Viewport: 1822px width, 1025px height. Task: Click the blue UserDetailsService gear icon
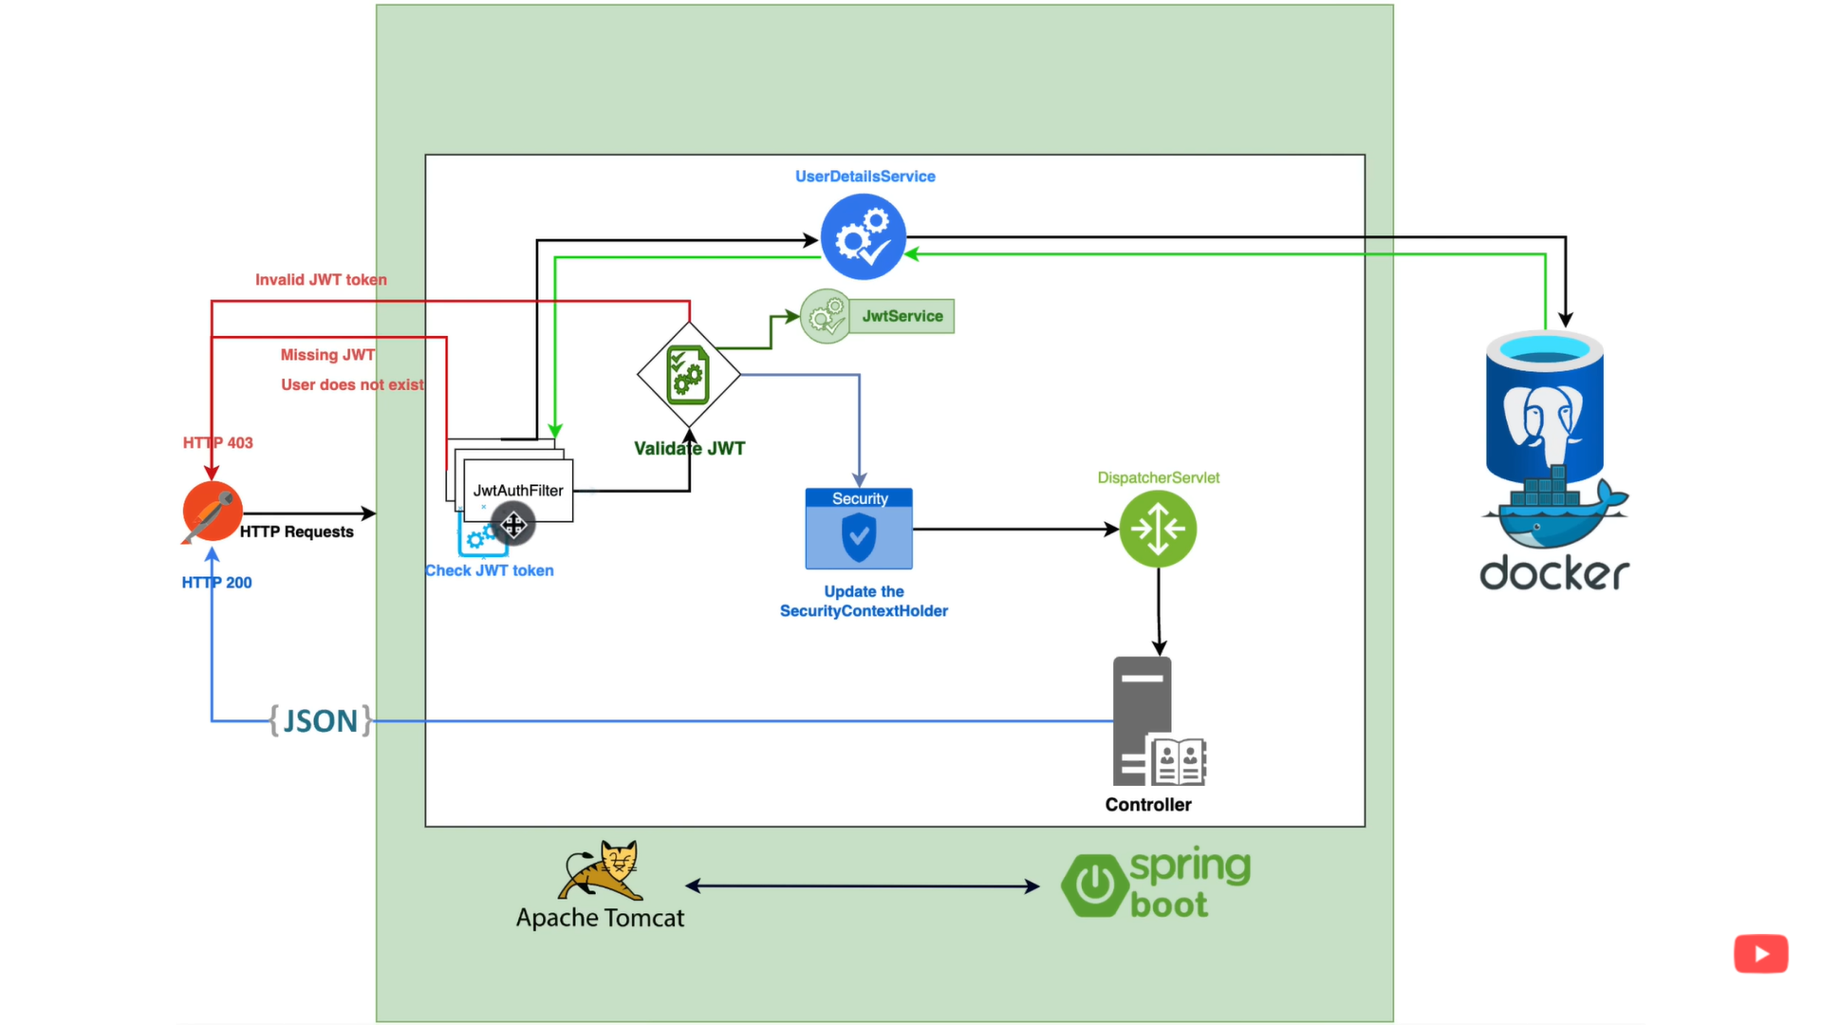[863, 236]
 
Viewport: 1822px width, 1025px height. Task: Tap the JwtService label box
[902, 316]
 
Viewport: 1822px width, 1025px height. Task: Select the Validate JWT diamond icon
[689, 374]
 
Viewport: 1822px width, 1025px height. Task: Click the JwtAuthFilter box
[518, 490]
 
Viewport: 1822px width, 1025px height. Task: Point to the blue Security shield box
[859, 529]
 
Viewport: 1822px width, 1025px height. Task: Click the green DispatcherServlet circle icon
[1158, 529]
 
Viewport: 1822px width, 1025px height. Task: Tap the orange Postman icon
[213, 512]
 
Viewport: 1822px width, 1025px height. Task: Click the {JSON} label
[320, 720]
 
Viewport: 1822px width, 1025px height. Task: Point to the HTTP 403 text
[218, 442]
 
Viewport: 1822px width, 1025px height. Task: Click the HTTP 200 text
[216, 583]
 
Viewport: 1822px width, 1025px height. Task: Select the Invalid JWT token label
[321, 280]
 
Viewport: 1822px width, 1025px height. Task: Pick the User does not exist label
[352, 384]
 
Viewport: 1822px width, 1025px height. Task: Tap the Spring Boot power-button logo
[1094, 885]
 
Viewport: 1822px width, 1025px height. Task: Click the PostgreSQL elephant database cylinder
[1545, 408]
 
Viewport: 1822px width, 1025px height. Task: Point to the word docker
[1554, 573]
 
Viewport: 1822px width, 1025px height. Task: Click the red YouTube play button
[1760, 954]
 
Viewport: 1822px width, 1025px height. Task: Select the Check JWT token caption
[490, 570]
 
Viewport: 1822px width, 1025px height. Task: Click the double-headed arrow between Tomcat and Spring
[862, 886]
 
